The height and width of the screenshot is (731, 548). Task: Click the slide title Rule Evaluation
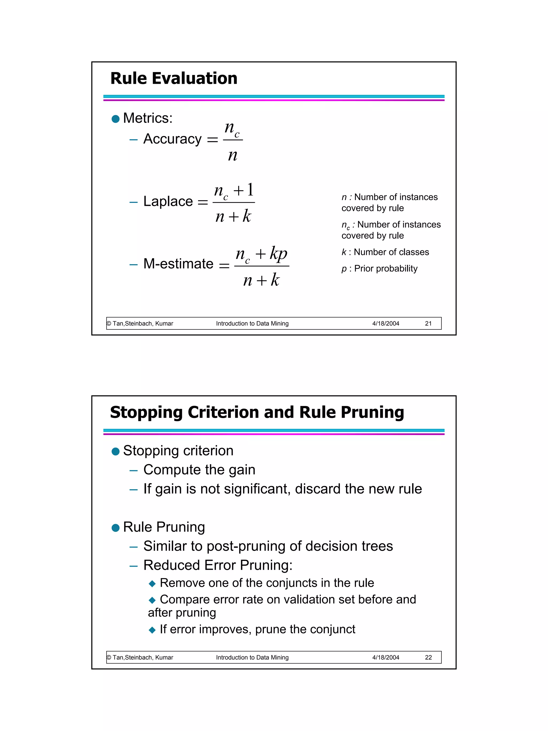coord(174,79)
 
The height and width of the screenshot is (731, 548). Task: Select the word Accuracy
coord(172,139)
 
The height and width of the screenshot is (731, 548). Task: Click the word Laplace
coord(168,202)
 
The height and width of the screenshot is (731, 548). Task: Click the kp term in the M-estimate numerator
coord(279,254)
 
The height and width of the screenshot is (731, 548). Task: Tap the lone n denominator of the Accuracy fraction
coord(233,155)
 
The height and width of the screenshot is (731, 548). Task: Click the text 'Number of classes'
coord(391,252)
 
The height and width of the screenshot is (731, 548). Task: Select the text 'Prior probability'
coord(386,269)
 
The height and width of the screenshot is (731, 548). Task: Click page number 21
coord(428,324)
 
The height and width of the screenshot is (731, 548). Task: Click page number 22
coord(428,657)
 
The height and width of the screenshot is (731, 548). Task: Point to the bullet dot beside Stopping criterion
coord(116,452)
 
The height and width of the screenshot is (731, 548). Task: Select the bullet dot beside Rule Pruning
coord(116,528)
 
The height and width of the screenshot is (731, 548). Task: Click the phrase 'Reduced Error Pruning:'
coord(218,565)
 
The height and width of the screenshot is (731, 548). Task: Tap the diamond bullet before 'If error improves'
coord(152,630)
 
